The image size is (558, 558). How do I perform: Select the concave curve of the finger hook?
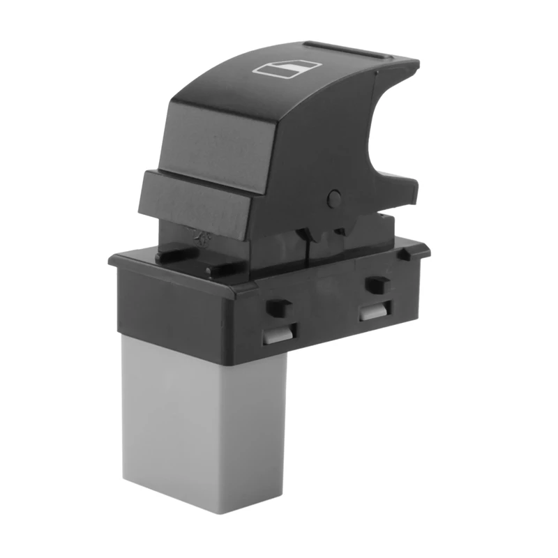coord(380,139)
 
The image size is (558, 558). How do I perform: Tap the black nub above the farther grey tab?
coord(377,284)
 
